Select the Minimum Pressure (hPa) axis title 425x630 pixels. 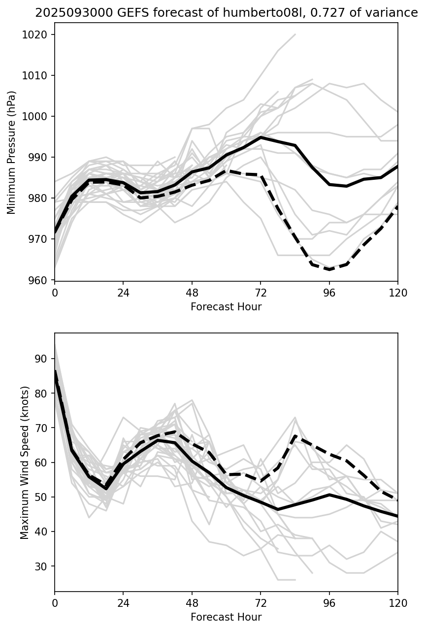coord(12,152)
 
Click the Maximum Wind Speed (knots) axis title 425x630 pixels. coord(25,462)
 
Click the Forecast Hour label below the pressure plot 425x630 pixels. coord(226,307)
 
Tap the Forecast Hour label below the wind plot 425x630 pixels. coord(226,617)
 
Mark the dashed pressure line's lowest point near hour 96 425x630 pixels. coord(329,269)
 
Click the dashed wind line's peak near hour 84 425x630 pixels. coord(295,435)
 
